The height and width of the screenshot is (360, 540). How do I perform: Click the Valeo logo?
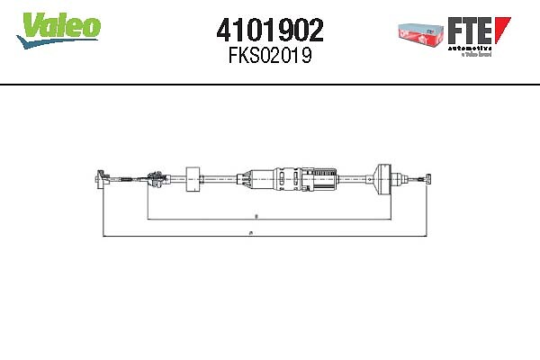pos(58,29)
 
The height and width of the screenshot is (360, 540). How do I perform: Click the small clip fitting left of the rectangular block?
pos(155,178)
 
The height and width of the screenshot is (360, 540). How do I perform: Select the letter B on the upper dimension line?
pos(256,217)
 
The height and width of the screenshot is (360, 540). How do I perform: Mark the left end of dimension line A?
pos(104,236)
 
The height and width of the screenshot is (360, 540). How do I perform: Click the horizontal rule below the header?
pos(270,84)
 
